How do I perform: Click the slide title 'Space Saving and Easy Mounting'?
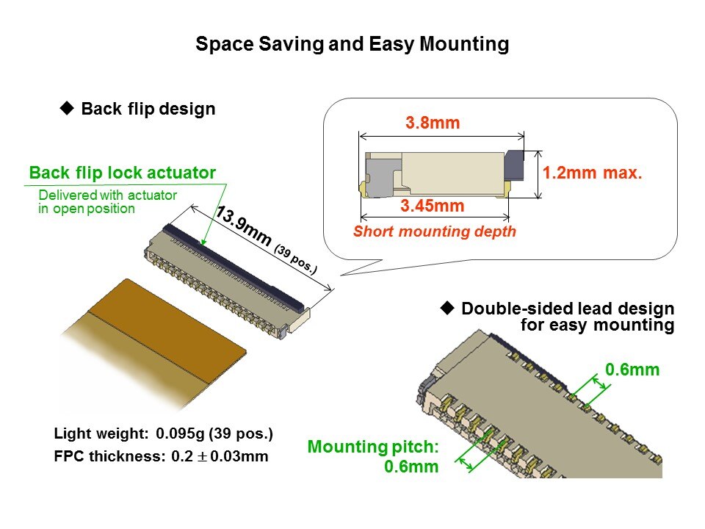[352, 44]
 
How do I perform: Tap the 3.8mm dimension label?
[433, 123]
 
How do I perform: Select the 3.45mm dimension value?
[432, 206]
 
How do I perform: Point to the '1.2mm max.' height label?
[592, 173]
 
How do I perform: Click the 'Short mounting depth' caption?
[434, 231]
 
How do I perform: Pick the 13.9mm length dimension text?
[244, 226]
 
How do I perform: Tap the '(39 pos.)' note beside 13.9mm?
[296, 259]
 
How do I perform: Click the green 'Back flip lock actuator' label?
[123, 173]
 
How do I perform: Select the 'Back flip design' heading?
[148, 109]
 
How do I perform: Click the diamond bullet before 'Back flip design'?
[67, 108]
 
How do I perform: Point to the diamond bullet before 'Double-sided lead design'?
[447, 308]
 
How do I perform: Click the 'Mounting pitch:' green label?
[373, 447]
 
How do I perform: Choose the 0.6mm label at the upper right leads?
[632, 370]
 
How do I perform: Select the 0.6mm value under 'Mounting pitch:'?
[411, 467]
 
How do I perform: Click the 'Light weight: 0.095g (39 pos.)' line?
[163, 433]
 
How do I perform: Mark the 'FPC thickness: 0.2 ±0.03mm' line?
[161, 456]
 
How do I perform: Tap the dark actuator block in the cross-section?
[514, 165]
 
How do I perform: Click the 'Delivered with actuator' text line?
[108, 195]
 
